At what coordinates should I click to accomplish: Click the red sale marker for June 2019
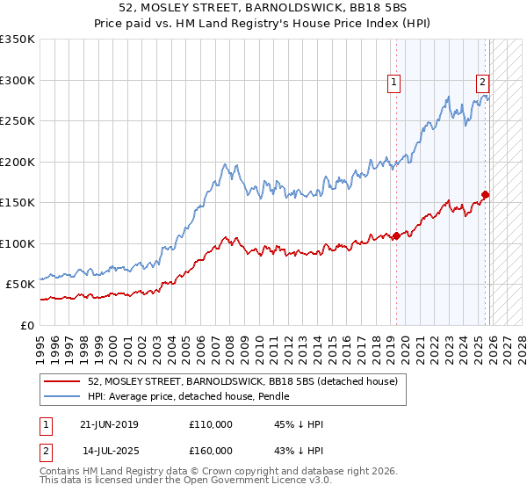396,235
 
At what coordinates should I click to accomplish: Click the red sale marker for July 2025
486,195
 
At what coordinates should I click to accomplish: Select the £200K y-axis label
18,162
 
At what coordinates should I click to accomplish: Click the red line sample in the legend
61,381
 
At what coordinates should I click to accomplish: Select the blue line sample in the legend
61,396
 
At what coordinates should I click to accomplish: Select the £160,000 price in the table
210,450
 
